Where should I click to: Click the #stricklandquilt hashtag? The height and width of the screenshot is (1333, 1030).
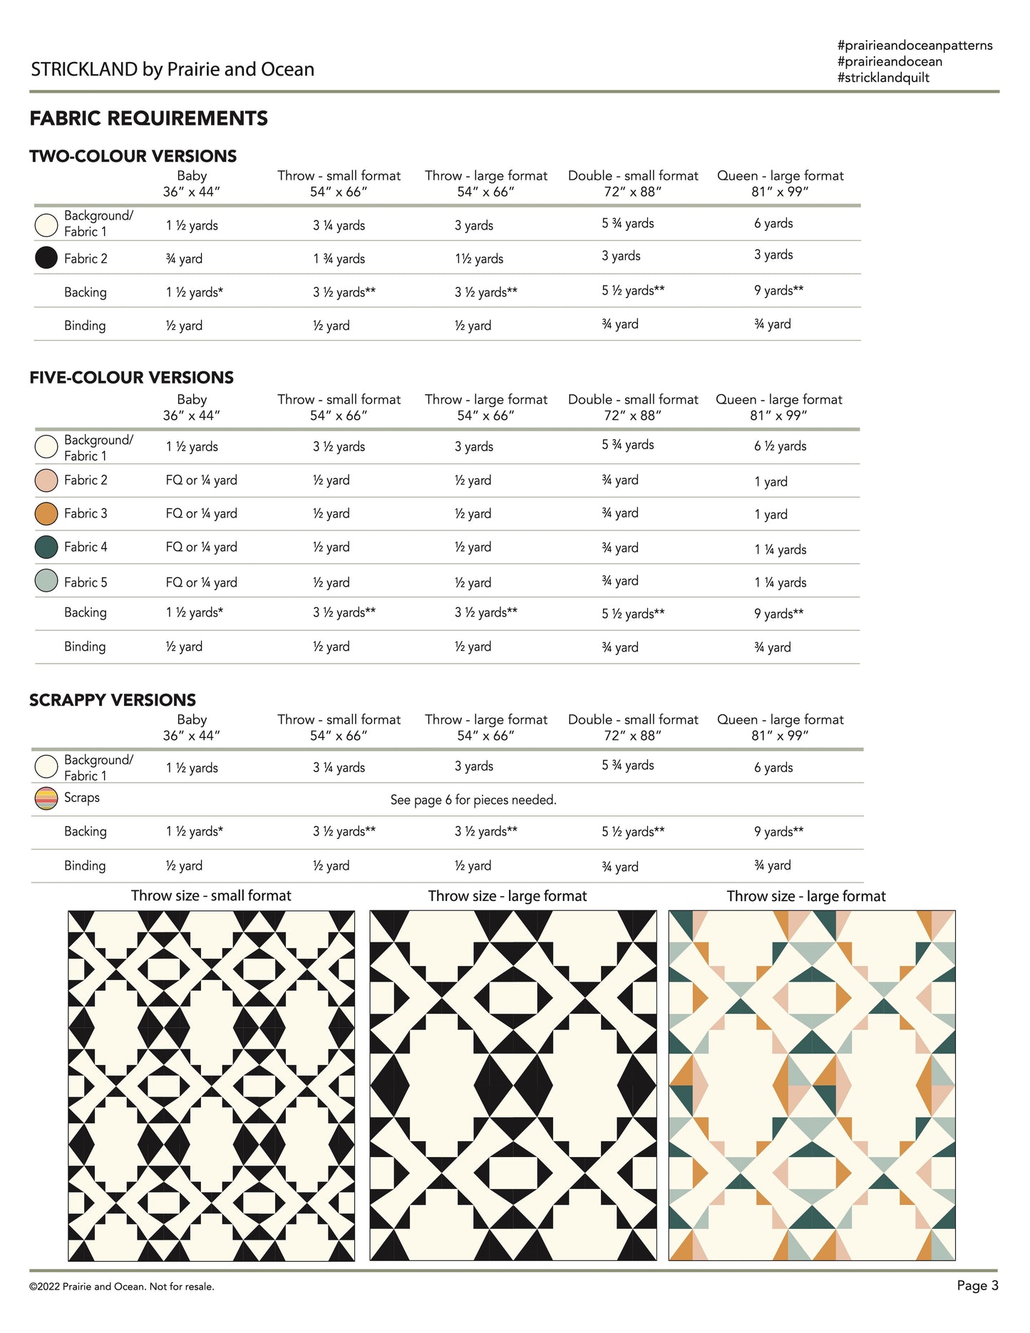(883, 78)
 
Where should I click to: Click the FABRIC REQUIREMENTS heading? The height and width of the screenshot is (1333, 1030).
(148, 118)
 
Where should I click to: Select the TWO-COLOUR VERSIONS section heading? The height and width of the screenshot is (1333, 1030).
(133, 156)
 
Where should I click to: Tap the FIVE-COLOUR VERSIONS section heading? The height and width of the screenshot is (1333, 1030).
(131, 378)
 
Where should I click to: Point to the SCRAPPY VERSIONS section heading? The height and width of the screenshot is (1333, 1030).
(113, 700)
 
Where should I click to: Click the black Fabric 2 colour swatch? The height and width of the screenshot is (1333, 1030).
(46, 257)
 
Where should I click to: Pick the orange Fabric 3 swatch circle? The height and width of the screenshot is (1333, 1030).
(46, 513)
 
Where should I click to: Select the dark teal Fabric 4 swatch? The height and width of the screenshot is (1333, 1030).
(46, 547)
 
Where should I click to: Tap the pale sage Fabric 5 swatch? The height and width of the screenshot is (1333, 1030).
(46, 581)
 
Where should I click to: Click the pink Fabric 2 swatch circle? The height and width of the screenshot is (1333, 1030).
(46, 480)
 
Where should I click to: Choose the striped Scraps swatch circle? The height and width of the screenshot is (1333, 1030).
(46, 798)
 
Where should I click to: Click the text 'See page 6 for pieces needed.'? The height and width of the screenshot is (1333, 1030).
(473, 800)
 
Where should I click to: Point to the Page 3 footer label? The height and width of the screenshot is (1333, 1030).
(977, 1285)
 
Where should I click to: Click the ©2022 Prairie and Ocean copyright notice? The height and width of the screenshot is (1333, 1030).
(122, 1287)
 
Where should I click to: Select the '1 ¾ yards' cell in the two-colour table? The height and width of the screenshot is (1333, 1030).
(339, 259)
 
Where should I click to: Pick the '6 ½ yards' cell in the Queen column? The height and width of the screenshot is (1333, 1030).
(780, 446)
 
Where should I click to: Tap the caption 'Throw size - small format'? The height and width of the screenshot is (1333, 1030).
(211, 896)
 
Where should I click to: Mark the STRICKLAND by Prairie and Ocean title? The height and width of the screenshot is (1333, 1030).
(172, 69)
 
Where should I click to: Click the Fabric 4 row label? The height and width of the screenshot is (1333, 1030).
(86, 547)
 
